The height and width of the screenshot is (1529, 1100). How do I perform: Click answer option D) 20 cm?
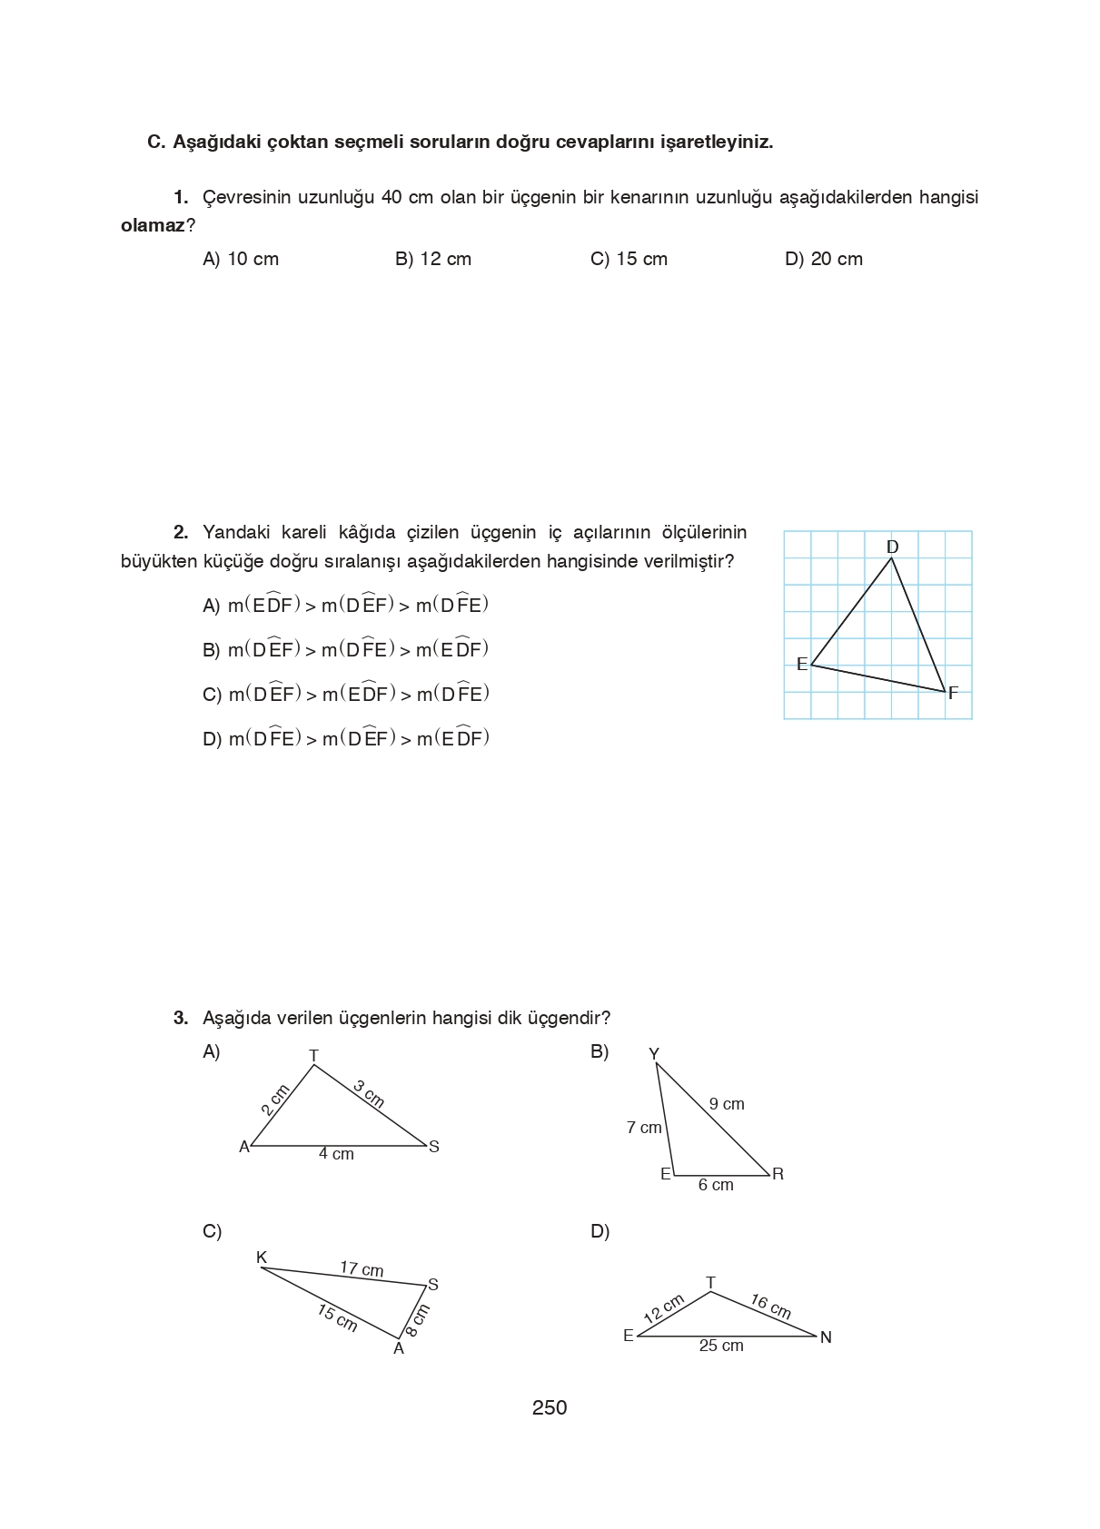click(x=823, y=259)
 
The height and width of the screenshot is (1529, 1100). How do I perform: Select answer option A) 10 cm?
click(x=240, y=259)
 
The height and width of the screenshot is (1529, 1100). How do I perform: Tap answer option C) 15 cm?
click(x=629, y=259)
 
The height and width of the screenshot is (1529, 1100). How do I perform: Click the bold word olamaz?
click(x=153, y=226)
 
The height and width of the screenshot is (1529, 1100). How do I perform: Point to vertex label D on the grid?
click(x=892, y=547)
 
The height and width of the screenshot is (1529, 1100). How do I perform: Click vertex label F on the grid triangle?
click(x=953, y=694)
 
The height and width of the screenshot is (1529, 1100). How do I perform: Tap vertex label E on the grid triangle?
click(x=801, y=665)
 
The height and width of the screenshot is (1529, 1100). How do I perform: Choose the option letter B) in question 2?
click(x=211, y=650)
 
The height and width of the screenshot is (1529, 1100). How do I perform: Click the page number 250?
click(x=550, y=1407)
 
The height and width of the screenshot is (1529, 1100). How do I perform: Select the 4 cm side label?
click(x=336, y=1154)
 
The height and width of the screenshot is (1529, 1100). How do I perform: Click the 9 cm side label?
click(x=727, y=1104)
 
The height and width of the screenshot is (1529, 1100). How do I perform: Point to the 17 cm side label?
click(x=362, y=1268)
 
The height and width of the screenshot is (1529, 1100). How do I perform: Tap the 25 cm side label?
click(x=721, y=1346)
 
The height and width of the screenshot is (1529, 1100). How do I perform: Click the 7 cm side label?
click(x=644, y=1128)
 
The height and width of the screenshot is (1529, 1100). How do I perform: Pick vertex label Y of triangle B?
click(x=653, y=1054)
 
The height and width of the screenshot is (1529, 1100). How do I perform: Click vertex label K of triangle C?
click(x=262, y=1258)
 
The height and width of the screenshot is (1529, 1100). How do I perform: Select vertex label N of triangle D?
click(x=826, y=1337)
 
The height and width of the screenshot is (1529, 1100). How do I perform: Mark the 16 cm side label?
click(x=770, y=1307)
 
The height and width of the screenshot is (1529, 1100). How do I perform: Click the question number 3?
click(x=181, y=1018)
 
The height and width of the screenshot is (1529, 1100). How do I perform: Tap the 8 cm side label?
click(x=417, y=1320)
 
